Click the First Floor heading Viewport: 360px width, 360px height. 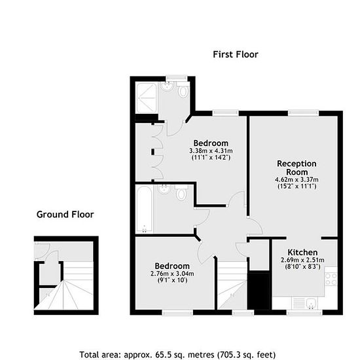[236, 54]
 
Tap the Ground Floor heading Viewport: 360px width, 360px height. [65, 215]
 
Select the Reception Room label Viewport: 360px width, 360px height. [297, 168]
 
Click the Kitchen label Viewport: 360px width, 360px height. [302, 252]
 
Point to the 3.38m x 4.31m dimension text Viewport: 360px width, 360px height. [211, 151]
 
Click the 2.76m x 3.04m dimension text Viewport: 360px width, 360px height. [172, 274]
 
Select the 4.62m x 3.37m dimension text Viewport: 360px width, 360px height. [297, 179]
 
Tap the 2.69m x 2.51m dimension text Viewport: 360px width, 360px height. [302, 260]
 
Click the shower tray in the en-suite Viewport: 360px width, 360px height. [146, 98]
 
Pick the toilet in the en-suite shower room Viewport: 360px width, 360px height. [183, 90]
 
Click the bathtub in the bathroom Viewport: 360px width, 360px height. [144, 209]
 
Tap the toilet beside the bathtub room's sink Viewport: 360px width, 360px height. [181, 192]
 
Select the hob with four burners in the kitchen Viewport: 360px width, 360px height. [331, 279]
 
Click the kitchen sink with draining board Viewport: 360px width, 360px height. [304, 303]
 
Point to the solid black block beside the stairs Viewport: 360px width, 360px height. [259, 291]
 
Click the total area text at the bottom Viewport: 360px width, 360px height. [177, 355]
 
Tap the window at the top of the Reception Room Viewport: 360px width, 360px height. [303, 113]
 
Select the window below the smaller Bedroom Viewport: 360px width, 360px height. [177, 312]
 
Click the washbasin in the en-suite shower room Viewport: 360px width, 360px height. [168, 86]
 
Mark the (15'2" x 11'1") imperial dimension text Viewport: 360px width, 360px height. [297, 186]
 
